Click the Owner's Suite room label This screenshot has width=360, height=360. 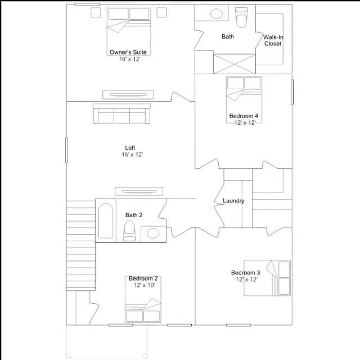click(x=128, y=52)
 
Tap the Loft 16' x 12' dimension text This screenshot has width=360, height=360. click(x=132, y=155)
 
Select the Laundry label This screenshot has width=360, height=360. click(x=233, y=201)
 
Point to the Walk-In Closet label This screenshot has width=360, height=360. click(x=273, y=40)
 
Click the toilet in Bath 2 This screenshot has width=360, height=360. click(x=129, y=231)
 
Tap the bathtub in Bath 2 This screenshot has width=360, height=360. click(x=106, y=220)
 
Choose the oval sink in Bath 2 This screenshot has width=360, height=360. click(x=153, y=233)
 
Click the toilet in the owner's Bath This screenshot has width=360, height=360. click(x=241, y=17)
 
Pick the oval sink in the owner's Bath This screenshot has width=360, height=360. click(x=217, y=13)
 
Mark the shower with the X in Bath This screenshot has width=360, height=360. click(x=234, y=64)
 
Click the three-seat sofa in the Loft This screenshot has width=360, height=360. click(x=121, y=114)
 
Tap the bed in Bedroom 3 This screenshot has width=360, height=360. click(x=267, y=278)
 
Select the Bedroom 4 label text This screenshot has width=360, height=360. click(x=244, y=116)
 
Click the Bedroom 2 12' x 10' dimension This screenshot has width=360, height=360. click(x=145, y=285)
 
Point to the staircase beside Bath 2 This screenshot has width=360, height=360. click(x=81, y=246)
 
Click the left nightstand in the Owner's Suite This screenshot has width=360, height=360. click(x=96, y=12)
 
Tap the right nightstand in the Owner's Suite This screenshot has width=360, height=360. click(x=161, y=12)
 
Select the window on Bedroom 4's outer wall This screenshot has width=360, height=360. click(x=292, y=92)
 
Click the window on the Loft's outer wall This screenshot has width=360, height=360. click(x=66, y=150)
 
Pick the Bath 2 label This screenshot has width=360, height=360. click(x=134, y=215)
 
